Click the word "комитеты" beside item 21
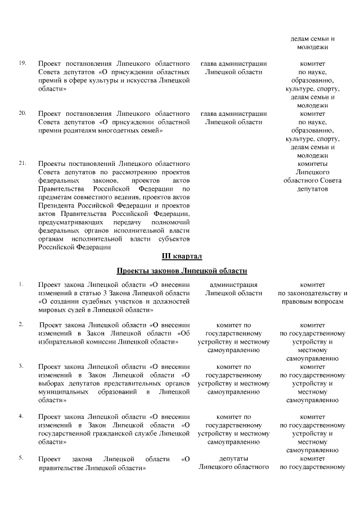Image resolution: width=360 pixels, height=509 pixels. click(x=312, y=164)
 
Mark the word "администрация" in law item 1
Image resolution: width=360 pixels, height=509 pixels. click(x=233, y=285)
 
